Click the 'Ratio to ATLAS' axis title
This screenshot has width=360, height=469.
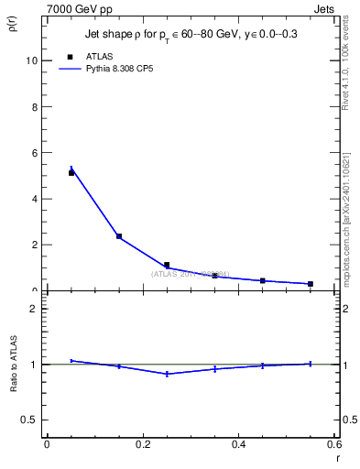14,365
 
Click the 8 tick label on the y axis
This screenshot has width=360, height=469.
33,106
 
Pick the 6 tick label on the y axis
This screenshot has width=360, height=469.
33,152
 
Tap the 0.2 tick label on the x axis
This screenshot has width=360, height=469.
142,444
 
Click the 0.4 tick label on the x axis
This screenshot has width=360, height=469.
238,444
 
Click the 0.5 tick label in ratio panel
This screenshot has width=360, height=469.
28,420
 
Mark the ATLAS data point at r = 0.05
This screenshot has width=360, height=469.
71,172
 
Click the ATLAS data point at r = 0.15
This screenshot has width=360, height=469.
119,236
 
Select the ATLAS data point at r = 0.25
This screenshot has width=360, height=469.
167,265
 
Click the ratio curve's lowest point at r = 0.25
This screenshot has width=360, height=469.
167,374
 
